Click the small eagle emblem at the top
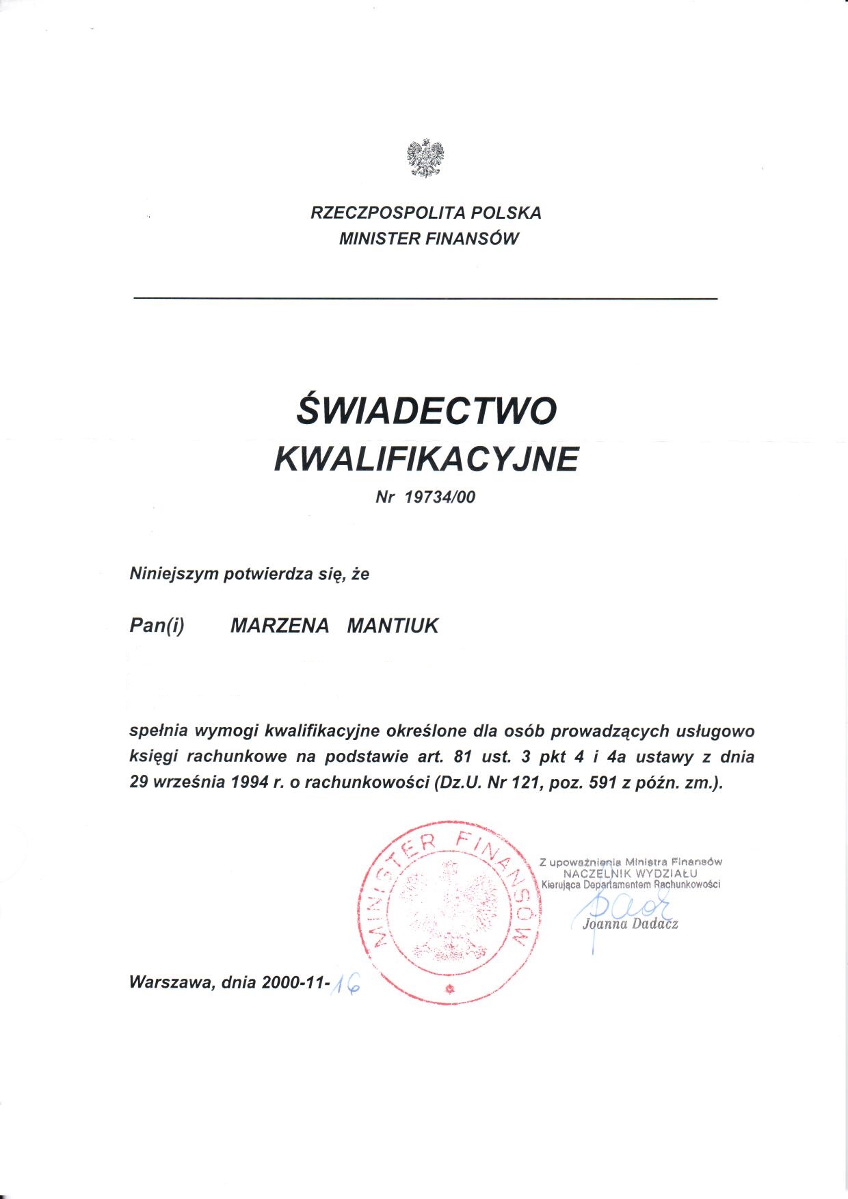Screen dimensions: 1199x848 [425, 159]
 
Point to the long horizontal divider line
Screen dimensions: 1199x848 [425, 299]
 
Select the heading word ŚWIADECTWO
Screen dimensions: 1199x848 [427, 410]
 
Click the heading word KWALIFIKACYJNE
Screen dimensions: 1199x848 [426, 459]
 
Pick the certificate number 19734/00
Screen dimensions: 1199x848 [440, 497]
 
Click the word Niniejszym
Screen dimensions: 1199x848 [174, 574]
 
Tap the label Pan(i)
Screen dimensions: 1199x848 [157, 626]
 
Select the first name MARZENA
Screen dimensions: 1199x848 [280, 626]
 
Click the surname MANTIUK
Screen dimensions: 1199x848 [393, 626]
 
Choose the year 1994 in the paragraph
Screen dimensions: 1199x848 [250, 782]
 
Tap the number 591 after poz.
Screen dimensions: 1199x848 [603, 782]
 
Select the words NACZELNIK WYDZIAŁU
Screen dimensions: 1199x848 [630, 873]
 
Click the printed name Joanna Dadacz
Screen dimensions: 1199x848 [630, 925]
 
